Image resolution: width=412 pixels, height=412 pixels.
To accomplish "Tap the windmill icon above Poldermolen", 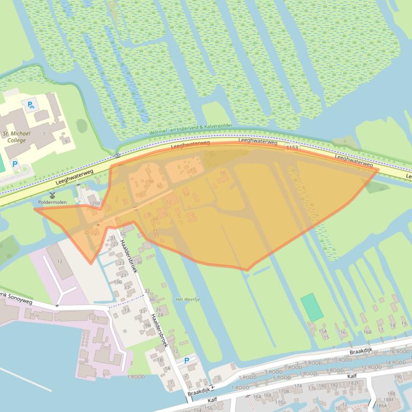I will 53,195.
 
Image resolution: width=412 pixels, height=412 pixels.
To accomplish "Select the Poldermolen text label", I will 52,202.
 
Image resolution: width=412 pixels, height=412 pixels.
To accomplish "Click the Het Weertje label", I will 188,299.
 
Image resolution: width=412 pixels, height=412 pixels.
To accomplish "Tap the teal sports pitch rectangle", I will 312,307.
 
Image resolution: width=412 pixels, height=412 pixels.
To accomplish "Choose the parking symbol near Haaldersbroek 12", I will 186,361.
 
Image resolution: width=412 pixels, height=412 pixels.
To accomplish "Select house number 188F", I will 389,399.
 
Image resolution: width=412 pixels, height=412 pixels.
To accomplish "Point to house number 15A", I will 323,332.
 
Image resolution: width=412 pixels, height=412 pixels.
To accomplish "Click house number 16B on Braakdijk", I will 368,332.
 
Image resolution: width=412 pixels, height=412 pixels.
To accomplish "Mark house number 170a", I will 280,402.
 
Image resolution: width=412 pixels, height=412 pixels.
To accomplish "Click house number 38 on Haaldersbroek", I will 138,262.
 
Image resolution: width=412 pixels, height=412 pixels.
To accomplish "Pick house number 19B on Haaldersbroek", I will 118,281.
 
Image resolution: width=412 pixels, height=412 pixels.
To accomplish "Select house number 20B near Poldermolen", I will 95,204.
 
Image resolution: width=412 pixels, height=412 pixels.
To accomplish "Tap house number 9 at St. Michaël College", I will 66,142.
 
